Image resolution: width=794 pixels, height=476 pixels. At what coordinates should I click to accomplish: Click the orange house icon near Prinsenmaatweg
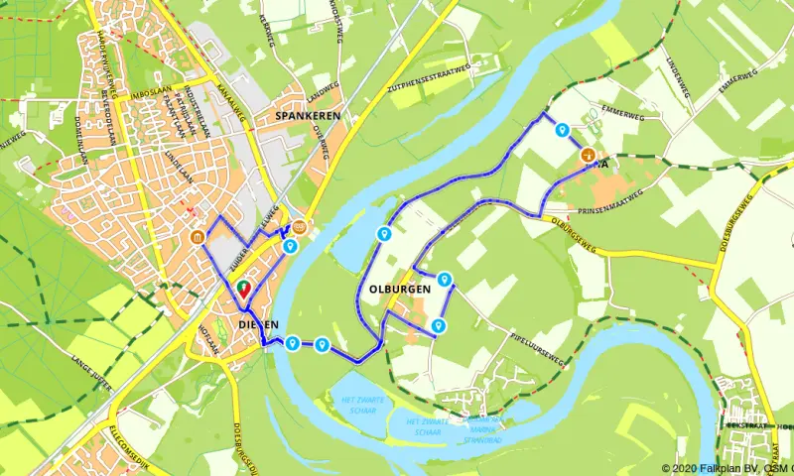pos(588,156)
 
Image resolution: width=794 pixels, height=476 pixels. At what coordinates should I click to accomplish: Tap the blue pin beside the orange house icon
pos(563,130)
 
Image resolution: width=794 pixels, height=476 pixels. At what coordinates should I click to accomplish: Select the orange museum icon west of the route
pos(198,237)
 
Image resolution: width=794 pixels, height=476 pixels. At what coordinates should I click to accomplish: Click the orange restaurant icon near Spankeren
pos(299,226)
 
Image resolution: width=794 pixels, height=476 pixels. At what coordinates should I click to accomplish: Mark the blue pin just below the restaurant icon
pos(290,246)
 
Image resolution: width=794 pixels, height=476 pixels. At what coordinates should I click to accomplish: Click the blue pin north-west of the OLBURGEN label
pos(383,234)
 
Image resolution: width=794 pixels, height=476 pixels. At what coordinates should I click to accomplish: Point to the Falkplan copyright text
pos(728,468)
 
